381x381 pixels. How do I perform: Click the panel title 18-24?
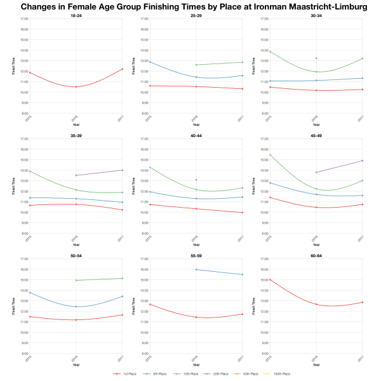point(76,15)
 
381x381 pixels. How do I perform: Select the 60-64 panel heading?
point(316,255)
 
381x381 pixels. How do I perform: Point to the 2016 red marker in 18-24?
point(76,86)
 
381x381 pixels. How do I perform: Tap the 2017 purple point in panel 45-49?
point(362,161)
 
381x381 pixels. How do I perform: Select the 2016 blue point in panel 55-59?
point(196,269)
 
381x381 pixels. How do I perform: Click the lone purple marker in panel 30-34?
point(316,58)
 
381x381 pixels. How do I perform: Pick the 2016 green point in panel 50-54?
point(76,280)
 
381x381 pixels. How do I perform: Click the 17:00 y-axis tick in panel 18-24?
point(23,19)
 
